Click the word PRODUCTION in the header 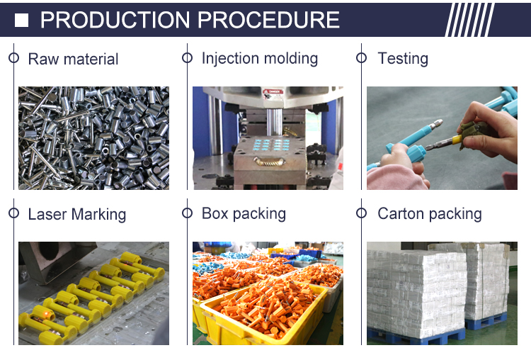(x=115, y=20)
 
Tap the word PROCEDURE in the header (x=268, y=20)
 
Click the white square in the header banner (x=21, y=20)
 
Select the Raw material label (x=73, y=59)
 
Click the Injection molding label (x=260, y=58)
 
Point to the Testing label (x=403, y=58)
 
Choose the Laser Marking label (x=77, y=214)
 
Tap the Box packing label (x=244, y=214)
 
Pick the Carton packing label (x=430, y=214)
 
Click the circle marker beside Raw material (x=13, y=58)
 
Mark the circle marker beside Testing (x=361, y=58)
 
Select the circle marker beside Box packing (x=188, y=213)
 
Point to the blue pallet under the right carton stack (x=486, y=322)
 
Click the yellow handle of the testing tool (x=455, y=140)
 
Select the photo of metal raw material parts (x=93, y=138)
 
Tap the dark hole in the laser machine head (x=49, y=251)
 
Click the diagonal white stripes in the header (x=469, y=20)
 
